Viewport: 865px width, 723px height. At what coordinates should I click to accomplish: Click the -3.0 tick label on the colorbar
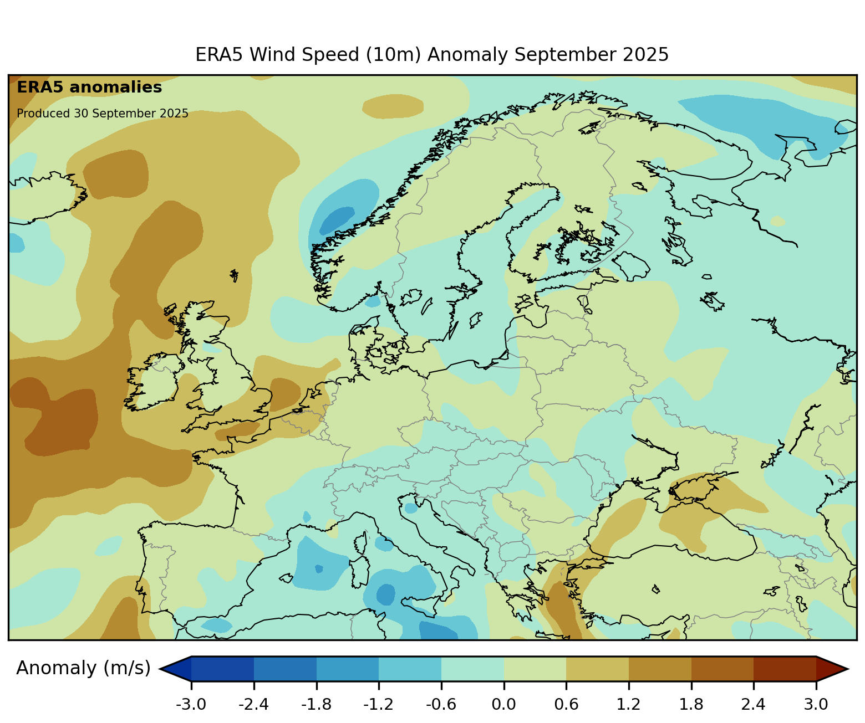(191, 705)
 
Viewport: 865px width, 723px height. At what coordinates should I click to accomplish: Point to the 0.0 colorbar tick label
(503, 705)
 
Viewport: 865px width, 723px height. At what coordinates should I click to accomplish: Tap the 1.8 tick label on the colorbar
(691, 705)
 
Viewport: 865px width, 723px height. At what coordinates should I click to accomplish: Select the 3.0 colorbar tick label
(816, 705)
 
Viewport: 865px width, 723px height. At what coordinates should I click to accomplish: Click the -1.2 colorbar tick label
(379, 705)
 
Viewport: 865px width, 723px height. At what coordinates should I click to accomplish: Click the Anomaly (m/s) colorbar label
(83, 668)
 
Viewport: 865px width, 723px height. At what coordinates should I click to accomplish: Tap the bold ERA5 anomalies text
(89, 88)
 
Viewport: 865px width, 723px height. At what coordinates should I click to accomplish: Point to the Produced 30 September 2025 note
(103, 114)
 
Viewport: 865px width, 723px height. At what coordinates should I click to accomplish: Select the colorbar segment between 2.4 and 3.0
(785, 669)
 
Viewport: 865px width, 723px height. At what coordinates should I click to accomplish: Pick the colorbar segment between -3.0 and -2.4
(222, 669)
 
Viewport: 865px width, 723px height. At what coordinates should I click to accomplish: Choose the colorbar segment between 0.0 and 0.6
(535, 669)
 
